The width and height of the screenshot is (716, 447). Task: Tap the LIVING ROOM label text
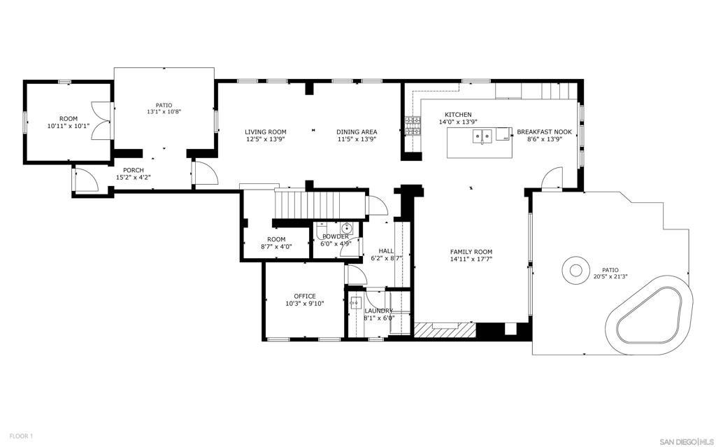(265, 132)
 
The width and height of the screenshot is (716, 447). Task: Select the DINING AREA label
(357, 132)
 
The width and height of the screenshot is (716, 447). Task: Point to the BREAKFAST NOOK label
(544, 132)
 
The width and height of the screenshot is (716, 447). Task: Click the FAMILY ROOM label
(471, 252)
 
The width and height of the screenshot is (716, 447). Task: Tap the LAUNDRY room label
(379, 311)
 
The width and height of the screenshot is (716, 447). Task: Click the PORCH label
(133, 170)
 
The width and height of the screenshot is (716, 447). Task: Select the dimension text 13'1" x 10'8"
(164, 112)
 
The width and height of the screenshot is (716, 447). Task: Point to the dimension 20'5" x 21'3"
(610, 276)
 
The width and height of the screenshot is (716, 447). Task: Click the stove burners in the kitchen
(413, 126)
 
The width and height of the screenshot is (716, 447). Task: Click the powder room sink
(345, 228)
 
